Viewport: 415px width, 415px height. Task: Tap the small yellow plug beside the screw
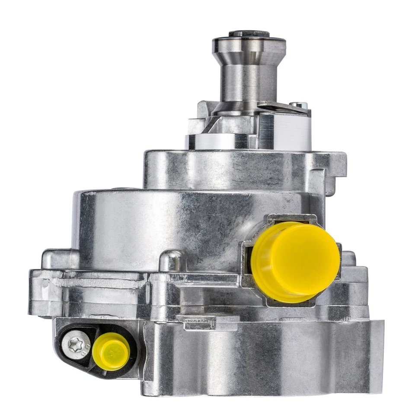pos(111,351)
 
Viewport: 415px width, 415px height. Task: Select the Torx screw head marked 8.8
pos(76,345)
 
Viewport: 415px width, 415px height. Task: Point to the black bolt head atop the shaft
pos(249,34)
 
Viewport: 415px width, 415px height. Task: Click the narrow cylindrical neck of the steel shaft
pos(249,82)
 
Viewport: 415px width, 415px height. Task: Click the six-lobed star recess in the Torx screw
pos(74,344)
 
